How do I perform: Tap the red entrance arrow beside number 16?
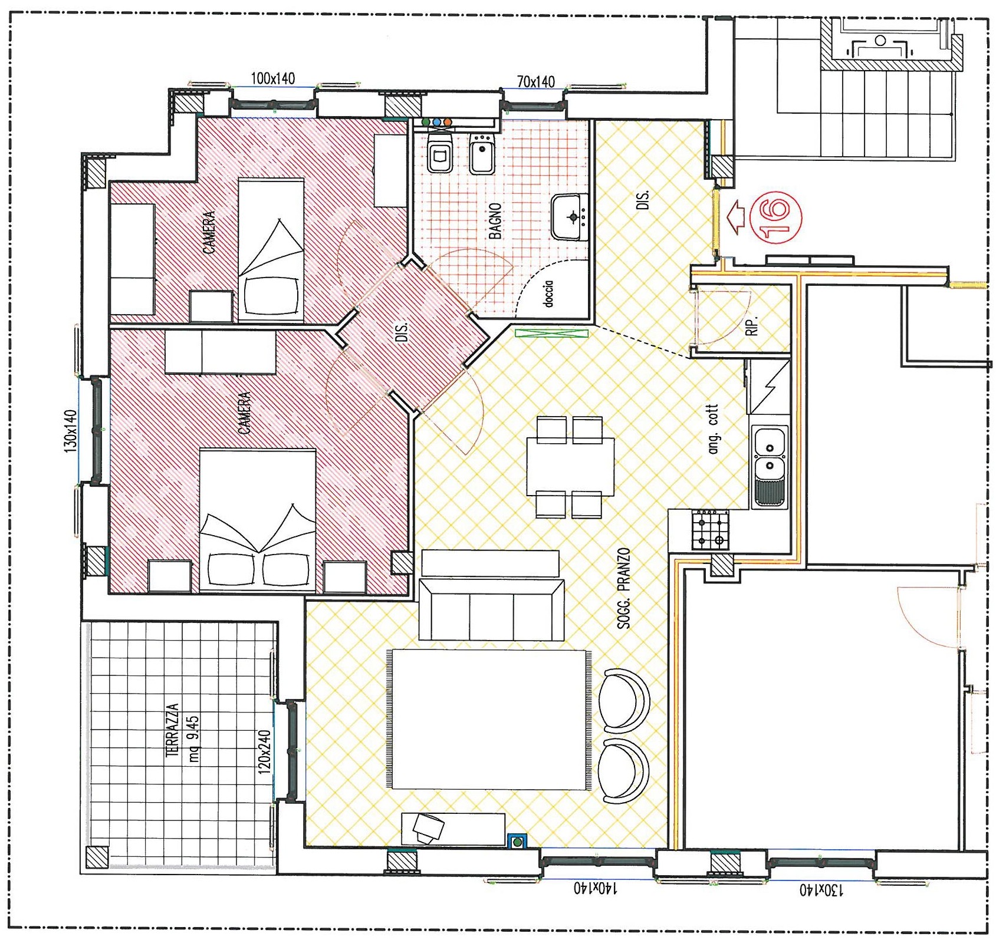736,216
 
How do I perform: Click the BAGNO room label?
495,221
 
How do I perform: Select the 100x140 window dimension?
273,78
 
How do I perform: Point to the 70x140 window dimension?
535,82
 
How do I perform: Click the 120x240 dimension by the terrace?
265,751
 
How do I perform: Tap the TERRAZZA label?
173,730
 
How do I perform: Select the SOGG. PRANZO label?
624,588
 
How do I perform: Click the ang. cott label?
714,429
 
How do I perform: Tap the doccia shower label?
548,293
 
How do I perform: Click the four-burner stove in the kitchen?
711,530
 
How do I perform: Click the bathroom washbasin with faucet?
570,217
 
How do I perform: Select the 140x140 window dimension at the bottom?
596,888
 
